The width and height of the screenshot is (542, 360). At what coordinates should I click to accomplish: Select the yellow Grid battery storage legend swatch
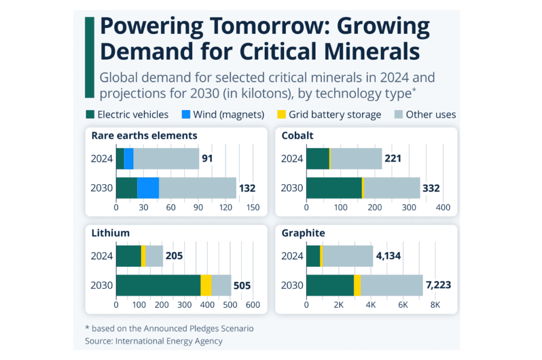(x=281, y=114)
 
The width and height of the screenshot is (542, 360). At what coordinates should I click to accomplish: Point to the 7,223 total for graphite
(x=439, y=285)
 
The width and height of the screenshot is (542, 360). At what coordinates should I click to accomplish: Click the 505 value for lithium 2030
(x=243, y=285)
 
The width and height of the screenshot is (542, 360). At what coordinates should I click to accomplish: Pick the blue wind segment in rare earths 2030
(x=148, y=188)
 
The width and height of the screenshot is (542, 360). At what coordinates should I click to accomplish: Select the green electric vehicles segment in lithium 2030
(x=158, y=285)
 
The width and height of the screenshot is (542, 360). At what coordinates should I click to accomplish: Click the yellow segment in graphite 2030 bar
(x=357, y=285)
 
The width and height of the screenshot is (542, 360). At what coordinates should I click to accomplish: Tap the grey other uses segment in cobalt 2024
(x=356, y=158)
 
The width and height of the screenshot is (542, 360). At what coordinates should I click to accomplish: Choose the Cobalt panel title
(x=297, y=136)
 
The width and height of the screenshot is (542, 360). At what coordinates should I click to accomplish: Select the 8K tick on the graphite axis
(x=435, y=305)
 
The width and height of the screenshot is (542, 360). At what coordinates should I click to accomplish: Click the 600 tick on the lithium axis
(x=252, y=305)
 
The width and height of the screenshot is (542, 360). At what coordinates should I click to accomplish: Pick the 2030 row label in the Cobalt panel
(x=292, y=188)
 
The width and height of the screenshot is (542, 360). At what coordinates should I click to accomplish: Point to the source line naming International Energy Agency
(x=153, y=341)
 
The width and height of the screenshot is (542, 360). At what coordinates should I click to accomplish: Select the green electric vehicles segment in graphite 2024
(x=313, y=256)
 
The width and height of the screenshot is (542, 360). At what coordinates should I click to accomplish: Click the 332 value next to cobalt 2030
(x=431, y=188)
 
